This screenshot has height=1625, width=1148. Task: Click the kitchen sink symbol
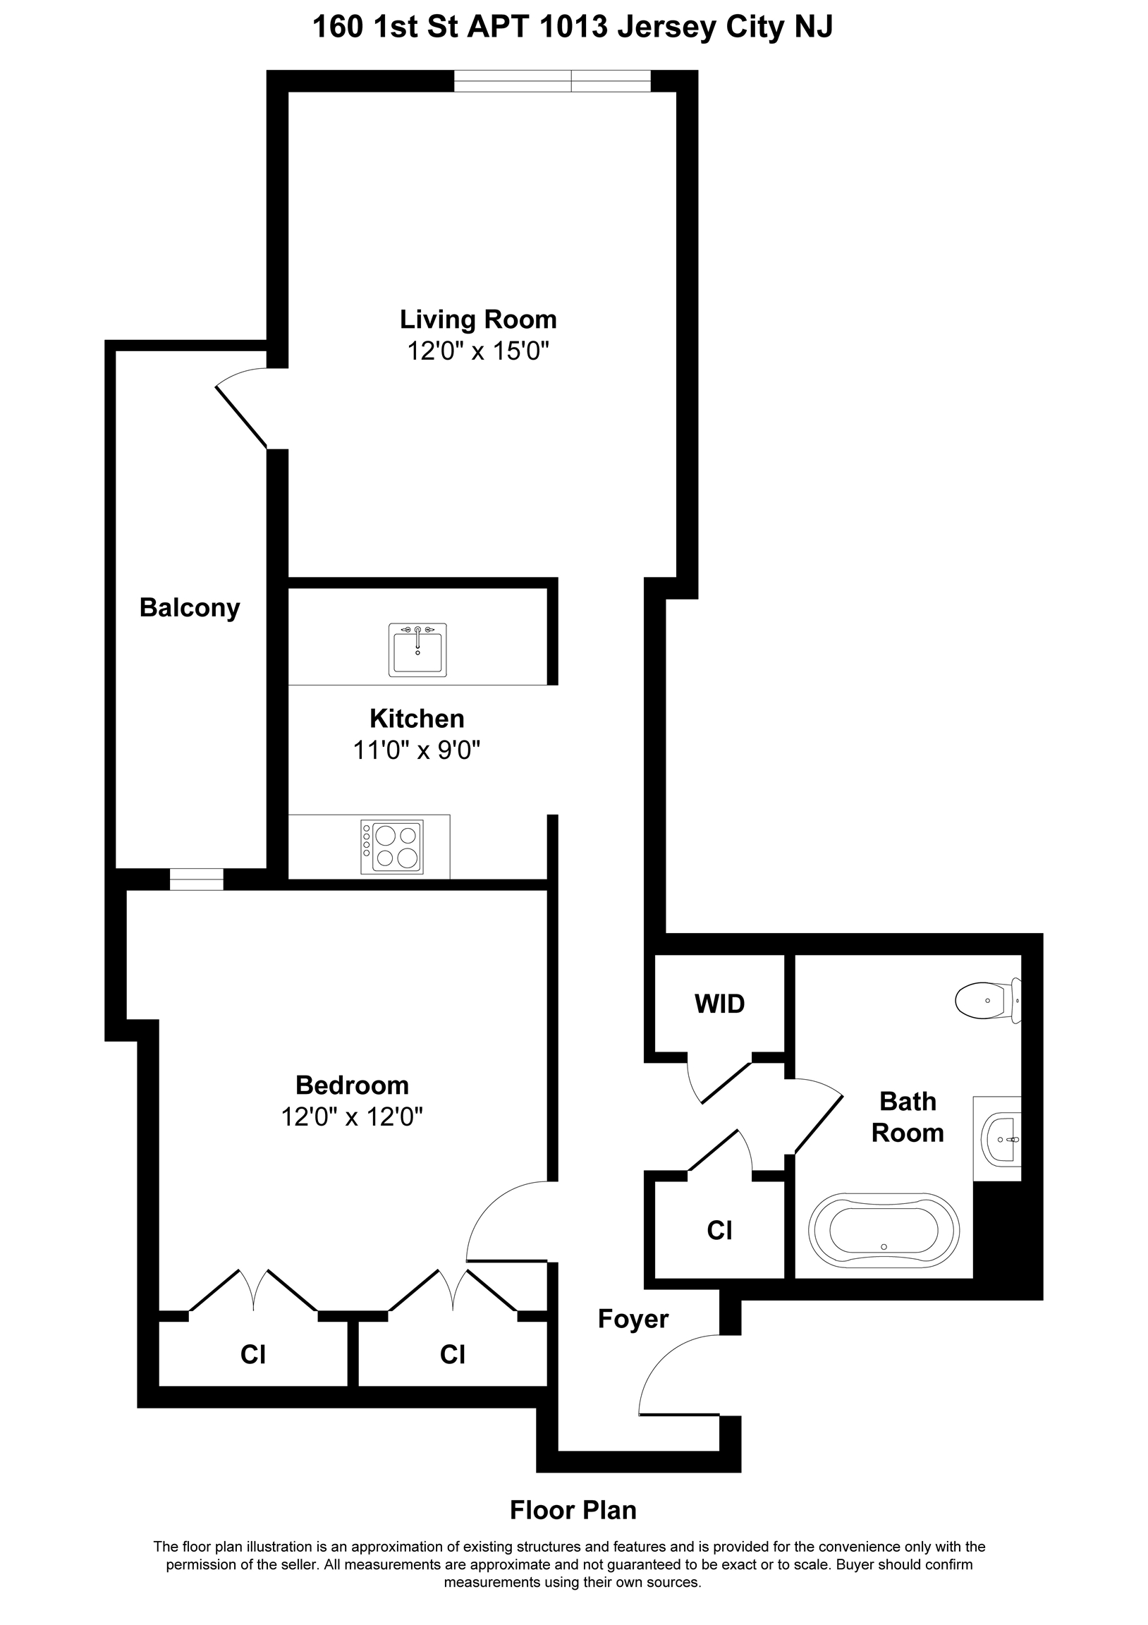[x=417, y=649]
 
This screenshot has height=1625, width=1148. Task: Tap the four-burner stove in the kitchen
[x=391, y=847]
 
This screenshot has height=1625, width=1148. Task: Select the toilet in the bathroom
[x=988, y=1001]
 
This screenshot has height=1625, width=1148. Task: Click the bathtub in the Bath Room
[x=884, y=1229]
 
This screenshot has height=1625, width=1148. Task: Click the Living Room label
[x=479, y=319]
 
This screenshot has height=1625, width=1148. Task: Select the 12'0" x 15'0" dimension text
[x=479, y=351]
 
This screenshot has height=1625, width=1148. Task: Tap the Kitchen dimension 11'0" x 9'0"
[x=417, y=750]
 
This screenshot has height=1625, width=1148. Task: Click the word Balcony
[x=190, y=608]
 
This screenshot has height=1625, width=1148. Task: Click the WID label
[x=720, y=1004]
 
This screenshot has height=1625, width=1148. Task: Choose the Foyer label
[x=633, y=1319]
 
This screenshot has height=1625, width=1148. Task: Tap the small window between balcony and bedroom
[x=196, y=879]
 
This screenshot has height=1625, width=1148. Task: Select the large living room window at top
[x=552, y=81]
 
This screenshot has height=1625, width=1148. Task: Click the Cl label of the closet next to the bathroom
[x=719, y=1231]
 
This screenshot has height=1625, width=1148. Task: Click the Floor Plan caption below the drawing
[x=573, y=1510]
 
